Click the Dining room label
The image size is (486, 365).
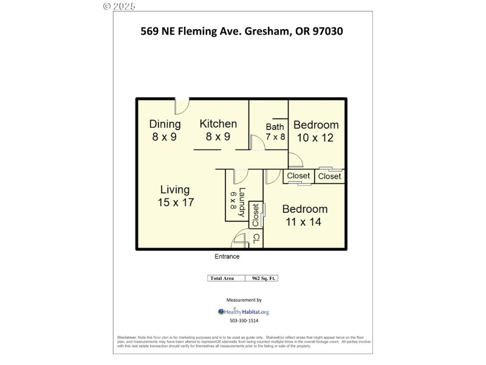(x=165, y=124)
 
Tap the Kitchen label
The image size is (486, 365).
(x=218, y=123)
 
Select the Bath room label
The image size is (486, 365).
(x=275, y=127)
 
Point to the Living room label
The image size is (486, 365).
(x=175, y=190)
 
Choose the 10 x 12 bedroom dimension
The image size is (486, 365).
(x=315, y=138)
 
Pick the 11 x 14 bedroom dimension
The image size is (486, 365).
(x=304, y=222)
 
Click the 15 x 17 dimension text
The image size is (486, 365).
(x=176, y=203)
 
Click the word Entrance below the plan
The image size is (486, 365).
(x=227, y=257)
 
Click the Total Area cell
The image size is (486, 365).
(x=224, y=278)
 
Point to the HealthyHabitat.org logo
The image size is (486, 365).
(x=243, y=311)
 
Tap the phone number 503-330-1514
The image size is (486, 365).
(x=244, y=321)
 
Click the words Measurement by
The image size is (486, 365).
(x=244, y=300)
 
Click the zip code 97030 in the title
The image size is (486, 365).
(x=327, y=30)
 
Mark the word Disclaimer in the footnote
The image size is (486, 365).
(x=127, y=337)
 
